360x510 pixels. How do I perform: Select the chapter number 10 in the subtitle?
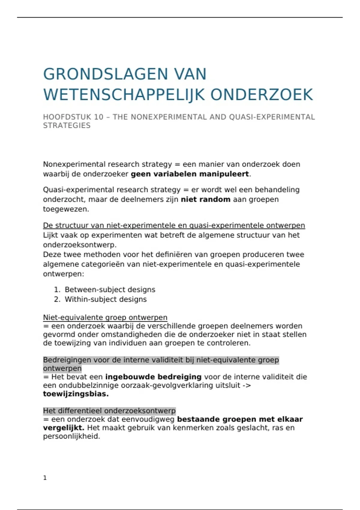tap(99, 117)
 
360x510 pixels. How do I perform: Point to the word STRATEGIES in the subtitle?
tap(67, 125)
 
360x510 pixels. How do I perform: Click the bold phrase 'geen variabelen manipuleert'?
tap(190, 174)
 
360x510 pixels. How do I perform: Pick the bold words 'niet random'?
tap(205, 199)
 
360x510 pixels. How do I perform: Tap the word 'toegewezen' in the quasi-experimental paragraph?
tap(65, 209)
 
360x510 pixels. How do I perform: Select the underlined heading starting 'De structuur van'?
tap(174, 225)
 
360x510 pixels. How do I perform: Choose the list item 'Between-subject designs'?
tap(110, 289)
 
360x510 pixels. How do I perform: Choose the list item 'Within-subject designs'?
tap(106, 299)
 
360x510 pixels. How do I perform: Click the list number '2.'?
tap(57, 299)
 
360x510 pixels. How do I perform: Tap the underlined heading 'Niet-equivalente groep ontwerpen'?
tap(105, 317)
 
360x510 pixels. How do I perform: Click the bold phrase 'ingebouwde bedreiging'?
tap(153, 377)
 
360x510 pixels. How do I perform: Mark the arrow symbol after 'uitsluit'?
tap(247, 385)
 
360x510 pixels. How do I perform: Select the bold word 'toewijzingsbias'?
tap(75, 394)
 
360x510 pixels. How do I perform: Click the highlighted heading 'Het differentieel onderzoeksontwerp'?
tap(109, 411)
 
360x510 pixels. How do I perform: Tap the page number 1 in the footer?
tap(45, 478)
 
